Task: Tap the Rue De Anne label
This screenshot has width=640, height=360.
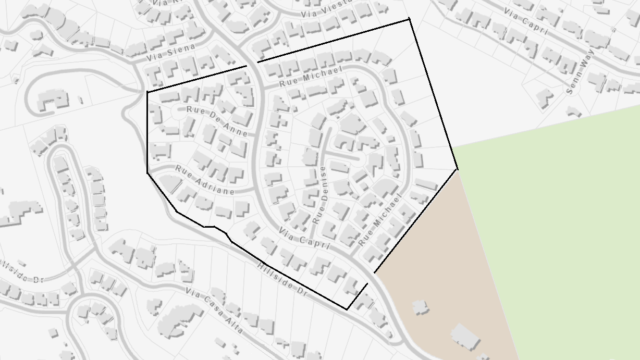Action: (x=217, y=121)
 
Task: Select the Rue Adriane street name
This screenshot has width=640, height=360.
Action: (x=205, y=180)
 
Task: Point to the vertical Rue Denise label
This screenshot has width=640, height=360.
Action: (x=319, y=195)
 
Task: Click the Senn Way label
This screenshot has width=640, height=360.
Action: (x=576, y=77)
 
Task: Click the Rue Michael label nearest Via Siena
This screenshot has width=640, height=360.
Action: (x=310, y=77)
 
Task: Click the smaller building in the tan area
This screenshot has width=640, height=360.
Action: (x=420, y=307)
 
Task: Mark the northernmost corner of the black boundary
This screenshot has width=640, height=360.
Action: (x=409, y=19)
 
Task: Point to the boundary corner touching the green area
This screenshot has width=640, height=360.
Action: (x=457, y=169)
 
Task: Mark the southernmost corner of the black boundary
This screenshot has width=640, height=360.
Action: (x=347, y=309)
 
